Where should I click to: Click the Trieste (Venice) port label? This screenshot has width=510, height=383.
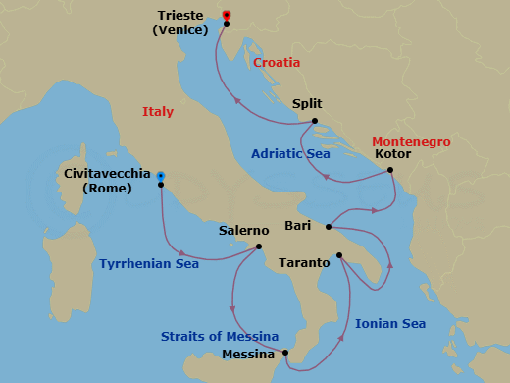(x=182, y=22)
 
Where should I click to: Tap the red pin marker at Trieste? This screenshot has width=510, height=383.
(x=227, y=15)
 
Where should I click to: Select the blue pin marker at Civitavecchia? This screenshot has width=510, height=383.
(x=161, y=177)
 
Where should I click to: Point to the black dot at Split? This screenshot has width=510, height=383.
(x=315, y=122)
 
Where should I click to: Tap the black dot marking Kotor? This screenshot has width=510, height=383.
(x=390, y=170)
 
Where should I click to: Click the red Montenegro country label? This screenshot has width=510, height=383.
(x=411, y=142)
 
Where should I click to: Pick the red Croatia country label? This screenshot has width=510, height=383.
(x=277, y=62)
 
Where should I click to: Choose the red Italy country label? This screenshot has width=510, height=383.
(x=158, y=112)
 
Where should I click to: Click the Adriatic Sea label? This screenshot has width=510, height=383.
(x=290, y=154)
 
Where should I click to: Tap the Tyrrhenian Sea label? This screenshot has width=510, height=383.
(x=149, y=263)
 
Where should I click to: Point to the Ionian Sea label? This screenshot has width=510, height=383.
(x=389, y=323)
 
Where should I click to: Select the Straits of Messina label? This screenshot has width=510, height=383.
(x=220, y=337)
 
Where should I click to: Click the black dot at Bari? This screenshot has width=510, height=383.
(x=328, y=227)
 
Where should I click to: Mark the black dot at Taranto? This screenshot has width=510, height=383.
(x=339, y=256)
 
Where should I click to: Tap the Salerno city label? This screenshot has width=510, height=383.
(x=244, y=230)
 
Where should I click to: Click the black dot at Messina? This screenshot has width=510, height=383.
(x=284, y=353)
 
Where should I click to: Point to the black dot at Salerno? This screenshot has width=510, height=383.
(x=258, y=246)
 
